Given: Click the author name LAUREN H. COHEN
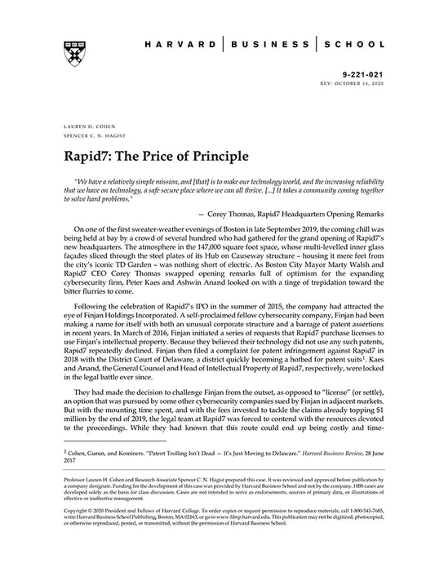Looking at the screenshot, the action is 83,128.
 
